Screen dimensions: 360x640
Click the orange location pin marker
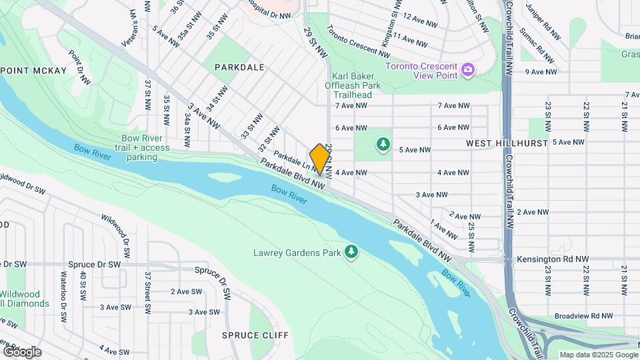(x=320, y=159)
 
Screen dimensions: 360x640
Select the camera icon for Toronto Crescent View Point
(x=468, y=69)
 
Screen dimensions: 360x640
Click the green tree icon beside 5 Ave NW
(x=383, y=143)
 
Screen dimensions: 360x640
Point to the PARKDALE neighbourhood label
(x=239, y=67)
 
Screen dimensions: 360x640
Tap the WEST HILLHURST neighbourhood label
(x=507, y=143)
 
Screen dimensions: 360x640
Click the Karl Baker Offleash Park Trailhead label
(x=357, y=85)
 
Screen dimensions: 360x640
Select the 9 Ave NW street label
(x=541, y=71)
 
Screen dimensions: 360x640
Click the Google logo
(x=21, y=351)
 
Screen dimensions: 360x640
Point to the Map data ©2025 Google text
(x=598, y=355)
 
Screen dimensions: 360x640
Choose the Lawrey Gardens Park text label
(x=297, y=253)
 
